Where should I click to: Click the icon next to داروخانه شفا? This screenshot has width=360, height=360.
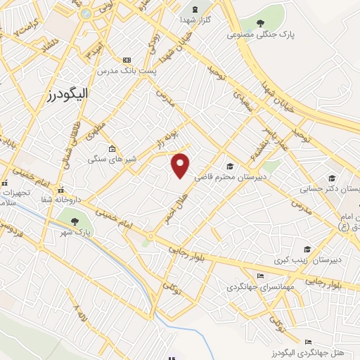tap(61, 190)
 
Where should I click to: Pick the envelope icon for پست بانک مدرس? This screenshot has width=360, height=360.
tap(127, 60)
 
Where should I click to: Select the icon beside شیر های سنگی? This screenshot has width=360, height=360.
tap(112, 149)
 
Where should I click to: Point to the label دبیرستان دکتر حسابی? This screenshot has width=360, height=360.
tap(331, 188)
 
